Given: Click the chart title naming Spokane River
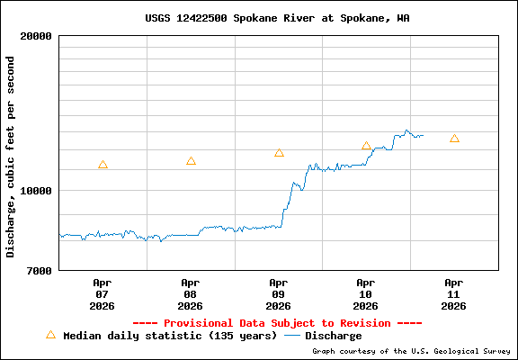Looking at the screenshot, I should point(277,18).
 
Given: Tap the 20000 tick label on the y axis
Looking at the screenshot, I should point(36,37).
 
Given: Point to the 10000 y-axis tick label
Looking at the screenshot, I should point(36,191).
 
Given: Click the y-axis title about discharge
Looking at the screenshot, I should point(11,157).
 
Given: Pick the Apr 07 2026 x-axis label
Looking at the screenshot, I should point(103,293).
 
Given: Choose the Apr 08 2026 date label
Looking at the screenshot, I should point(191,293).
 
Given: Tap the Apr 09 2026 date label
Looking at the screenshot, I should point(279,293).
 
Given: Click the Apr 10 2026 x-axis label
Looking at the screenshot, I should point(366,293).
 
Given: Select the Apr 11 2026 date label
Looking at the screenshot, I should point(454,293).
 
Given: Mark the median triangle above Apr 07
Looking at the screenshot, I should point(103,165).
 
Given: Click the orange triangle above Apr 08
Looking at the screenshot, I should point(191,161).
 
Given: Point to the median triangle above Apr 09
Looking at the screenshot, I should point(279,153).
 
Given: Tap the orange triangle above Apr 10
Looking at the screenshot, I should point(366,146).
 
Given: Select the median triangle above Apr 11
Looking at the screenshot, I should point(454,139).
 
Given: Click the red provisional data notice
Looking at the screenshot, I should point(277,322).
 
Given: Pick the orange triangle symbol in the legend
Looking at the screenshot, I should point(50,335).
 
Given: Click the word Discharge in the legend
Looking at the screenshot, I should point(333,336).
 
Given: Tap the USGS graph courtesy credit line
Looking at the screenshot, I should point(411,351).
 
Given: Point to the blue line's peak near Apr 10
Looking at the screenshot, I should point(406,130).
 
